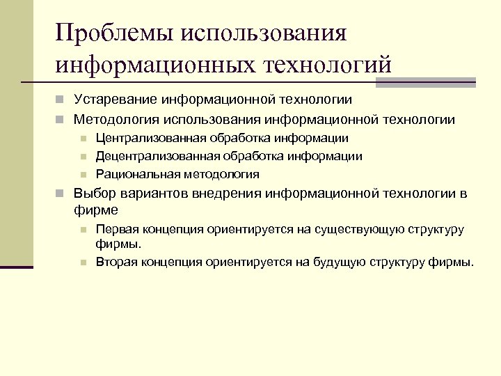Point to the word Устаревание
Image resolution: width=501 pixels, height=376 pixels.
[x=113, y=100]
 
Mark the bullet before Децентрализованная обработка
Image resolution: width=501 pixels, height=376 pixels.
[x=82, y=157]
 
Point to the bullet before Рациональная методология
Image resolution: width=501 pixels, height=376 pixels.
[x=82, y=174]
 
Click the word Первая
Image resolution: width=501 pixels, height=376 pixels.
[x=116, y=228]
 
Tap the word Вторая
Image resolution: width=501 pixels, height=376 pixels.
[x=116, y=262]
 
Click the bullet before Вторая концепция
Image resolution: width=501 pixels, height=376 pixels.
[x=82, y=263]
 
